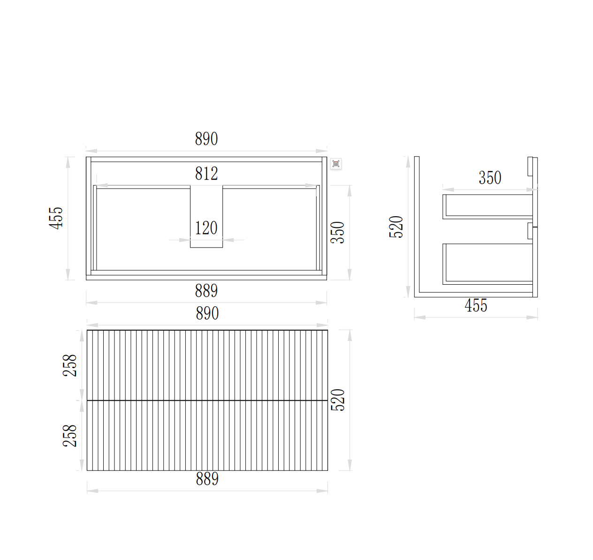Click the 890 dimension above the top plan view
click(x=206, y=139)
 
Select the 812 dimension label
click(x=206, y=174)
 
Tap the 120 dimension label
click(x=206, y=228)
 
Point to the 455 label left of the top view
click(x=56, y=218)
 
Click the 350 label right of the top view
click(x=338, y=233)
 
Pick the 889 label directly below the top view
click(x=206, y=291)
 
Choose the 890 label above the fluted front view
click(x=207, y=313)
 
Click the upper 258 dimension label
click(x=70, y=365)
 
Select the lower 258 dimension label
click(x=70, y=436)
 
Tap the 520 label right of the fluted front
click(x=338, y=400)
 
